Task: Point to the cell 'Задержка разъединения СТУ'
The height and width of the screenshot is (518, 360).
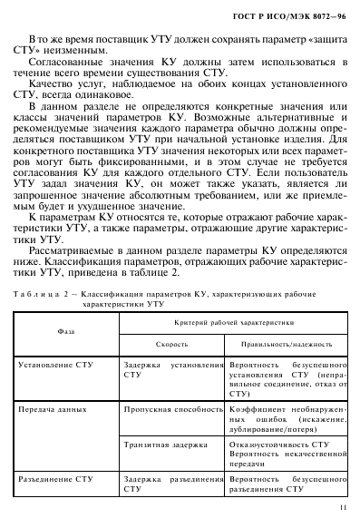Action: pos(171,482)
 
